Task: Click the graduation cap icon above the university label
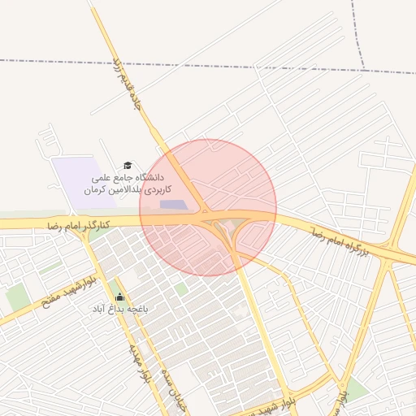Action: (126, 165)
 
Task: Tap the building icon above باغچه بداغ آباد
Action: (120, 297)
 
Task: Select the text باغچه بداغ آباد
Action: (120, 309)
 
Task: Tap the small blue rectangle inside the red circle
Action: (172, 204)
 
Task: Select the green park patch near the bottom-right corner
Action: (355, 388)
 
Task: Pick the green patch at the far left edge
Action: (16, 297)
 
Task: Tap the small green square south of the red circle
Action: (180, 288)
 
